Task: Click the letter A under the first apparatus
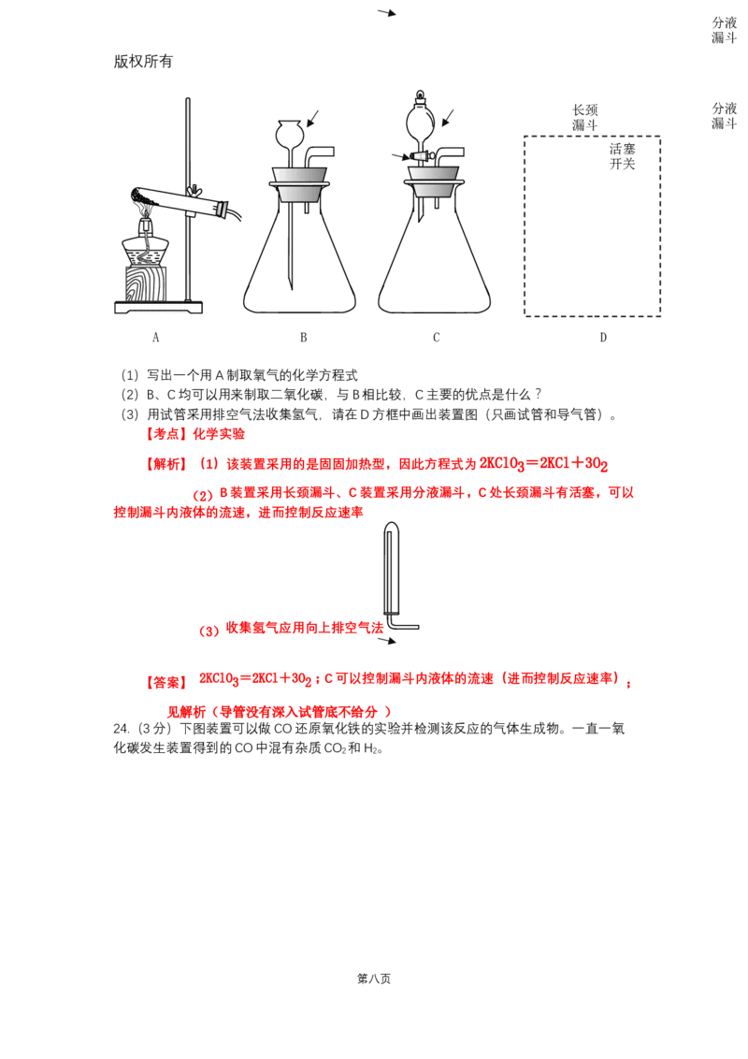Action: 156,337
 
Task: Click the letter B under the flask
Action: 303,337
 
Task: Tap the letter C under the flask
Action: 436,337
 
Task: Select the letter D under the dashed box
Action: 603,337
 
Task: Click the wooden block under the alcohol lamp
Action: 146,283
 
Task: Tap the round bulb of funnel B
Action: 293,132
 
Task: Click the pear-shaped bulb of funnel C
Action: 422,123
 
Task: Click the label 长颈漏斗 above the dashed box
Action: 584,118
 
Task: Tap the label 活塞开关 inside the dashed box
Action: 622,156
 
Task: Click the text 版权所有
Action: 143,62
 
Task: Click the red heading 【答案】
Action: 166,682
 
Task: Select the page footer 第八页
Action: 374,979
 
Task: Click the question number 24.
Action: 122,729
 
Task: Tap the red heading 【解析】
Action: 166,464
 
